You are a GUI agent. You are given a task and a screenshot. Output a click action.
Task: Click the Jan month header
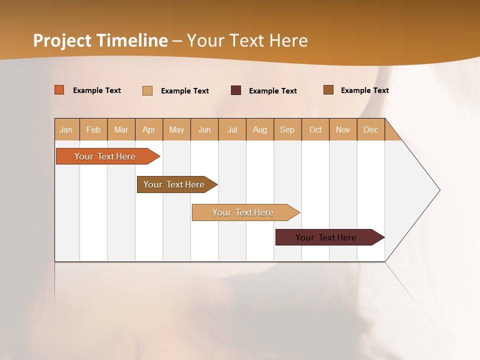(66, 129)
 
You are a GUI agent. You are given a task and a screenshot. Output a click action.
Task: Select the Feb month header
(93, 129)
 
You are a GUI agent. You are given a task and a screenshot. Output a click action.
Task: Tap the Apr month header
(149, 129)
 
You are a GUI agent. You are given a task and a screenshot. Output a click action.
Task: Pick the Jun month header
(204, 129)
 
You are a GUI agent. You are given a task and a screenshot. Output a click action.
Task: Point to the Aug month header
(260, 129)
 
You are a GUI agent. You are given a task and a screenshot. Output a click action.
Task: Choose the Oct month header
(315, 129)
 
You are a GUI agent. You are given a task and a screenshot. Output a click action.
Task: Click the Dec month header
(371, 129)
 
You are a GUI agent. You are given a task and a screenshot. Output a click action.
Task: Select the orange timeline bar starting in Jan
(105, 156)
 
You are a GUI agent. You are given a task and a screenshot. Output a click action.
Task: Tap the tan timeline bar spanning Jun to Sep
(243, 212)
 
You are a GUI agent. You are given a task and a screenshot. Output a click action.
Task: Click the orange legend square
(59, 90)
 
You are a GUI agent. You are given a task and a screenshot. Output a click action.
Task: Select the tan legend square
(147, 90)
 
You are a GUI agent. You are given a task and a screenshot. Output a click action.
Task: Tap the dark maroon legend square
(236, 90)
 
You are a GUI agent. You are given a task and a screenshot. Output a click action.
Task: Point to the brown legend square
(328, 90)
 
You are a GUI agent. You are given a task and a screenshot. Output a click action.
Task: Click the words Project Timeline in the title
(100, 40)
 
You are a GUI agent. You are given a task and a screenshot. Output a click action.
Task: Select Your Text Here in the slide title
(247, 40)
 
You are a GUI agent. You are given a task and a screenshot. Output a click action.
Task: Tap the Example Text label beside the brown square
(364, 90)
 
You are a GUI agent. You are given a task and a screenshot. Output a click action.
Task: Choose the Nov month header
(343, 129)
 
